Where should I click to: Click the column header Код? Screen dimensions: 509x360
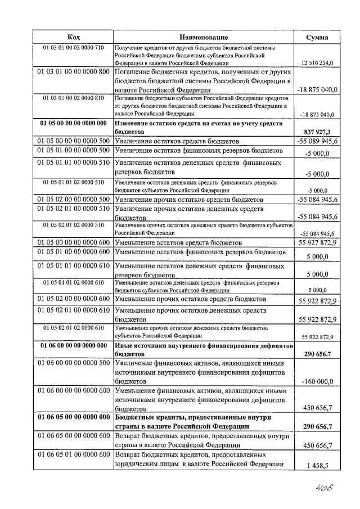point(73,37)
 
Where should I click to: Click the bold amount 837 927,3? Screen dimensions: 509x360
point(319,130)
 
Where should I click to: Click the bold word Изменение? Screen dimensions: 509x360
point(134,122)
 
